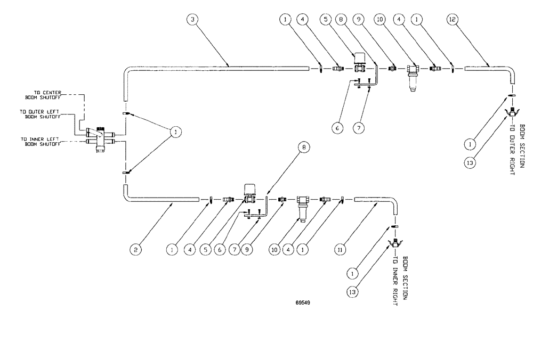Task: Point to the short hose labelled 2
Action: [x=160, y=200]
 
